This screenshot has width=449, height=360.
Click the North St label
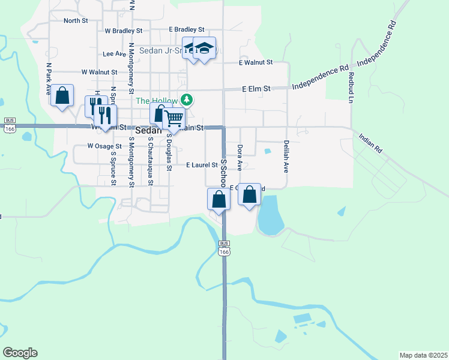tap(76, 20)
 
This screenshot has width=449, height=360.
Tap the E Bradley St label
tap(187, 29)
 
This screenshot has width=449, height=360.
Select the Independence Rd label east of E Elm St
tap(321, 79)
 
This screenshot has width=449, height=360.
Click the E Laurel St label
tap(201, 164)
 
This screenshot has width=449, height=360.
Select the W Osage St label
tap(104, 146)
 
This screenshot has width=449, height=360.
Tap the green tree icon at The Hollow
tap(187, 100)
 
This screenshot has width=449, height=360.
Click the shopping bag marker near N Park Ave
tap(62, 96)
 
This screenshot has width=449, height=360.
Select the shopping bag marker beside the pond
tap(249, 195)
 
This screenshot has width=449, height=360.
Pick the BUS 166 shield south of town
tap(224, 248)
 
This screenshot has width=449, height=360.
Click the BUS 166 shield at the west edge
tap(9, 125)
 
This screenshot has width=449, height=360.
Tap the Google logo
tap(20, 353)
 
